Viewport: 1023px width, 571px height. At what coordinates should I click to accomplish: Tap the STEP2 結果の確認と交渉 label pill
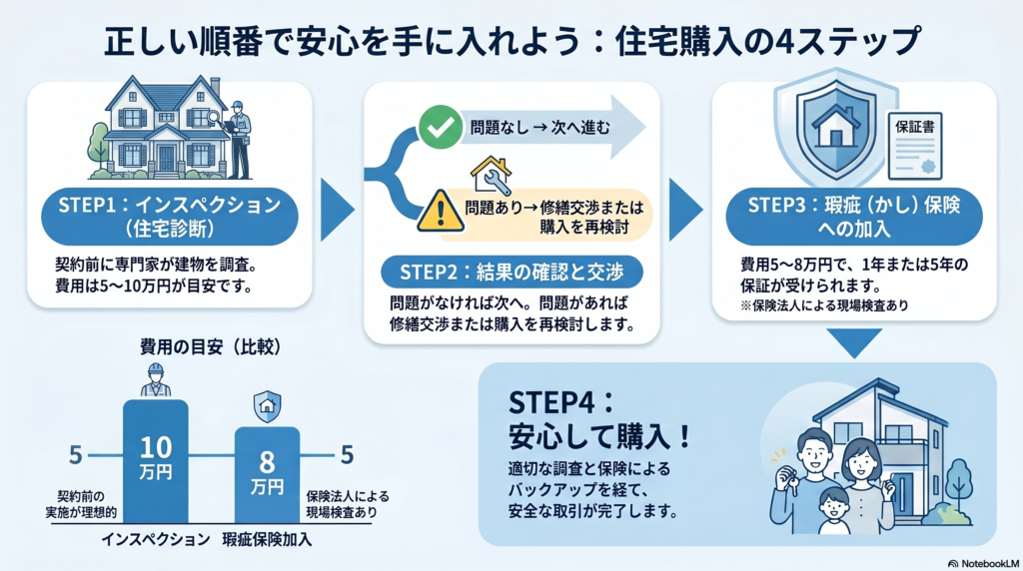pos(511,273)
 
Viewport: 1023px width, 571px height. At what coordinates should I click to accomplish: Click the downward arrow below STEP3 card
pos(856,343)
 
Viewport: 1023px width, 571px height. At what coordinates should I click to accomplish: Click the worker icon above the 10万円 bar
pos(155,380)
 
